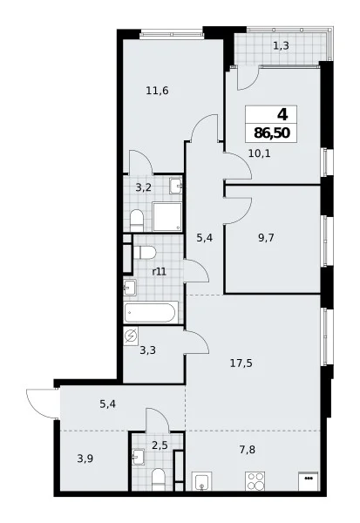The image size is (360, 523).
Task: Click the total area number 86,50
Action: click(x=272, y=133)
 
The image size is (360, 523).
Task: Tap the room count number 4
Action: click(x=282, y=115)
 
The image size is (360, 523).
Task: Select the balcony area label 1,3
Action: click(x=281, y=45)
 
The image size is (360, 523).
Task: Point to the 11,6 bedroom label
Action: click(x=157, y=91)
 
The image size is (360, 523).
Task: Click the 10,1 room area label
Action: click(x=259, y=153)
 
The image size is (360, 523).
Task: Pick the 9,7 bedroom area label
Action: click(x=266, y=238)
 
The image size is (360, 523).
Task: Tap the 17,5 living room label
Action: click(x=241, y=363)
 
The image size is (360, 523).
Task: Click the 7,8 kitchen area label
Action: click(x=248, y=450)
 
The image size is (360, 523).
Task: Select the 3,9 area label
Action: click(x=85, y=458)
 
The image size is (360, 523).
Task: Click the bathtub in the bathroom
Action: click(x=151, y=312)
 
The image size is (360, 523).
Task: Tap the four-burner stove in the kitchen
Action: click(x=255, y=481)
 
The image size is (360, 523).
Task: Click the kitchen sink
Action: click(x=201, y=482)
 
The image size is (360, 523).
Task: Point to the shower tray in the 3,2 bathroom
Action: click(x=167, y=216)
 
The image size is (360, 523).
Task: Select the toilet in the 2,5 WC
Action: click(x=158, y=479)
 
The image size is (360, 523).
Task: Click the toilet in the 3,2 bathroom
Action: click(x=137, y=221)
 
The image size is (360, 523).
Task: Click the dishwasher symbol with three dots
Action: click(x=309, y=481)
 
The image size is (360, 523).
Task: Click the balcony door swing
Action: click(x=248, y=78)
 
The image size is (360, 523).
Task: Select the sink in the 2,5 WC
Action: click(x=138, y=457)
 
